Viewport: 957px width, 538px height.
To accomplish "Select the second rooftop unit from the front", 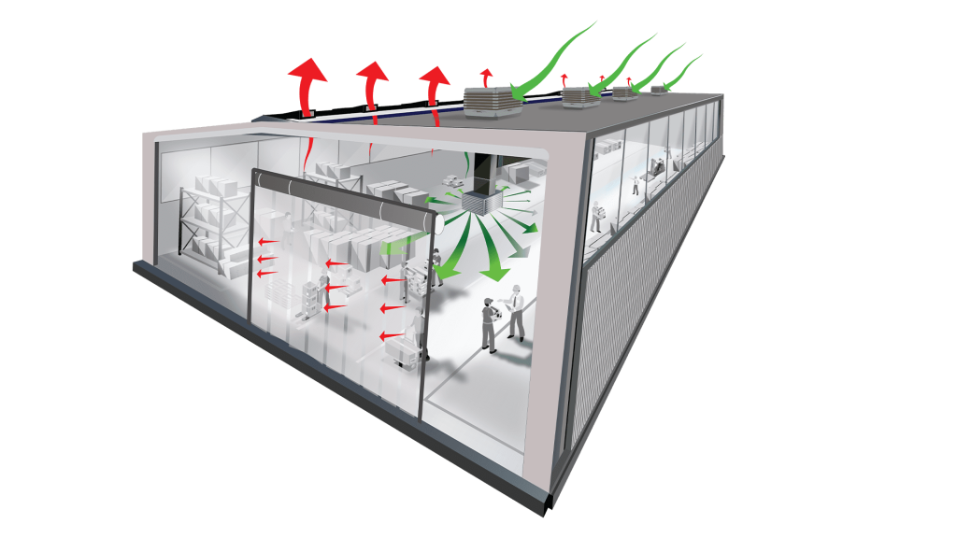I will click(580, 95).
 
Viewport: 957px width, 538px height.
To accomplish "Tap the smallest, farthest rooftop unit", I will click(660, 89).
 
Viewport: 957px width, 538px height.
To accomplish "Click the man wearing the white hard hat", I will click(515, 313).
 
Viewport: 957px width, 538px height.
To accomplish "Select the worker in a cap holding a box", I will click(488, 323).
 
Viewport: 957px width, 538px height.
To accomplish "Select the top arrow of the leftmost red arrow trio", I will click(268, 241).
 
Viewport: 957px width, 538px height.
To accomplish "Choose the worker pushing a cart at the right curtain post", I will click(412, 336).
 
